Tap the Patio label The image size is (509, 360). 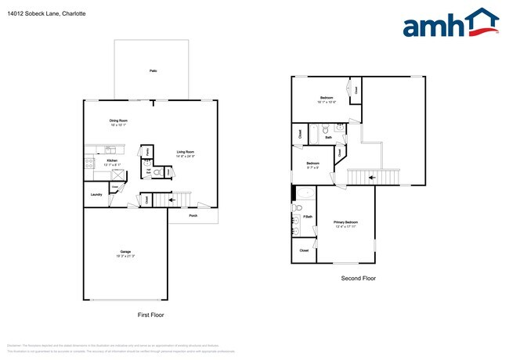point(153,70)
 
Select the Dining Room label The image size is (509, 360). point(119,121)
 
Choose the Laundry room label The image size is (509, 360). point(97,194)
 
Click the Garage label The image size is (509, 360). point(125,252)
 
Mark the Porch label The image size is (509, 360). point(193,216)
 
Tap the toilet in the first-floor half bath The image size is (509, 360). point(157,172)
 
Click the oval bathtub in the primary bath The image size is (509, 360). point(305,193)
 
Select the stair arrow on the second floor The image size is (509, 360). point(372,178)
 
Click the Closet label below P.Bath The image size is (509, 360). point(304,250)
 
